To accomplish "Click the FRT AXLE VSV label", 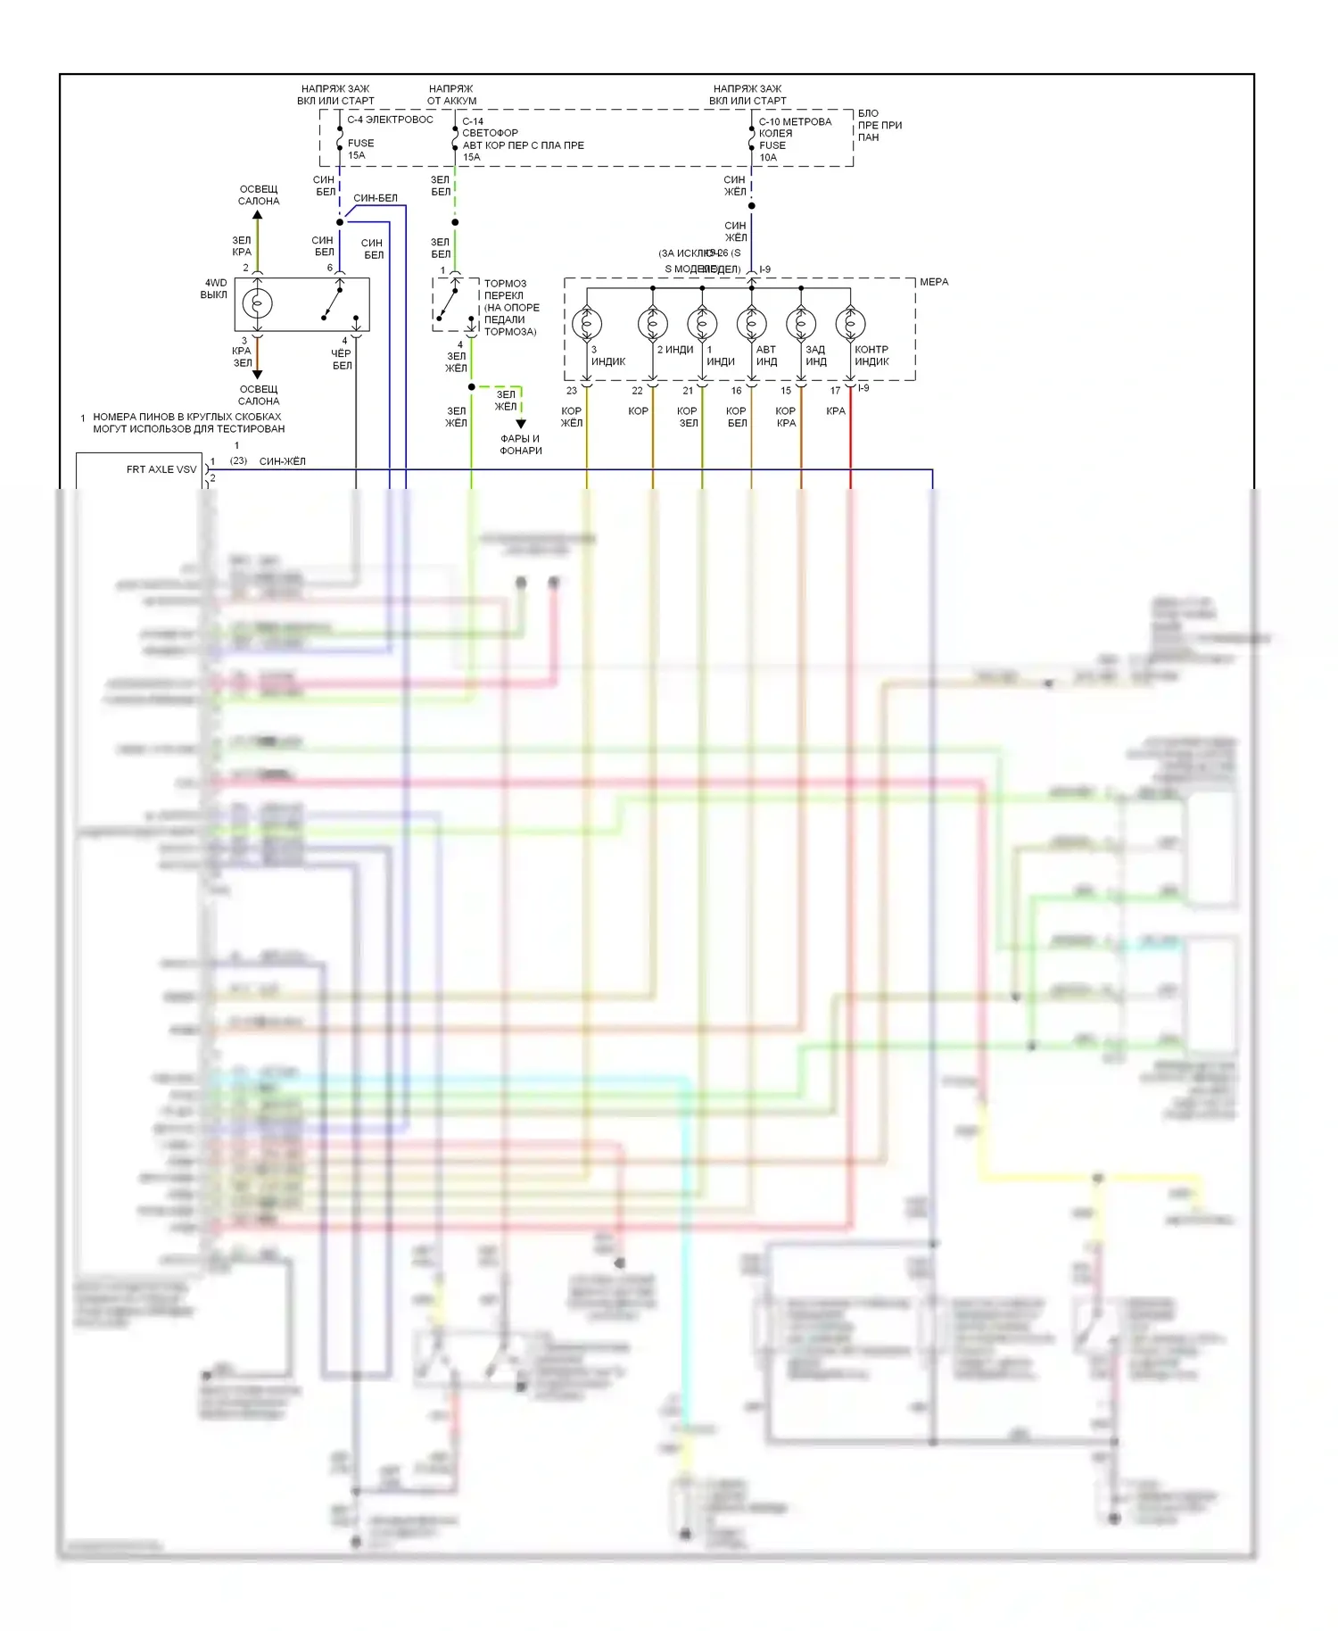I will click(x=161, y=469).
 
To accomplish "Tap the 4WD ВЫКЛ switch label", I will click(x=214, y=289).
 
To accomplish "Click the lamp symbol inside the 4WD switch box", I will click(x=257, y=303).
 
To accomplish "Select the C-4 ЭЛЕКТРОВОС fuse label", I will click(x=390, y=120).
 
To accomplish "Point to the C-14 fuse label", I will click(x=473, y=121).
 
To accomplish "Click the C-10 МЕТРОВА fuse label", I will click(x=795, y=121).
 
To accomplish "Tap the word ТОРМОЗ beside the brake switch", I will click(x=505, y=284).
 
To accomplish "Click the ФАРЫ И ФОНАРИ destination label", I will click(x=520, y=444).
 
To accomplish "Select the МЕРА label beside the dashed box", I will click(x=934, y=282).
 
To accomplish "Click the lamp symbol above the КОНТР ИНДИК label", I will click(x=850, y=323).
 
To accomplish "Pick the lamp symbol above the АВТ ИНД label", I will click(x=751, y=323).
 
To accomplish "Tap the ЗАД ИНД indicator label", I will click(x=815, y=355).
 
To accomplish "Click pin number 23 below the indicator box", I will click(x=572, y=391).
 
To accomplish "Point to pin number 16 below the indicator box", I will click(x=736, y=391).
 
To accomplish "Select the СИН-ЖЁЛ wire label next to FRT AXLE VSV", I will click(x=282, y=461).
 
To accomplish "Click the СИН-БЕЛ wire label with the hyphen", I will click(x=376, y=198).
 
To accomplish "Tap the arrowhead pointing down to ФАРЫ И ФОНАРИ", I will click(x=521, y=424).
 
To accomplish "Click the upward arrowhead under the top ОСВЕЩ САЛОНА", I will click(x=258, y=215).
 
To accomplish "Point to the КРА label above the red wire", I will click(x=836, y=411).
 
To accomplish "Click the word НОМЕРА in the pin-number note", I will click(x=113, y=417).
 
